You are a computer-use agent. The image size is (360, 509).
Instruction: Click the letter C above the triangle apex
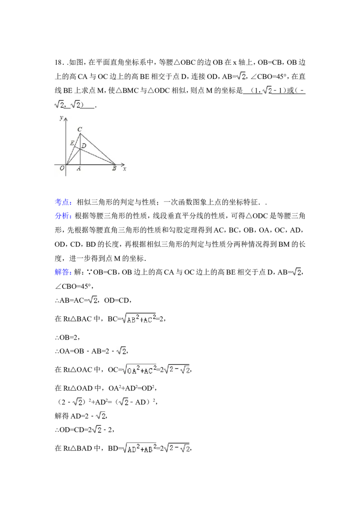[80, 129]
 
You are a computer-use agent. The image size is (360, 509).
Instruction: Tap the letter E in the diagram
[72, 143]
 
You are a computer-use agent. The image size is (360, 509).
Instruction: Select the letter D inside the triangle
[84, 146]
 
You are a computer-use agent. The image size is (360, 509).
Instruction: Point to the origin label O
[62, 169]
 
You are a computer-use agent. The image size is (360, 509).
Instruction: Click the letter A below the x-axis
[79, 169]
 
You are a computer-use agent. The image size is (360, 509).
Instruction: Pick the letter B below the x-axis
[114, 169]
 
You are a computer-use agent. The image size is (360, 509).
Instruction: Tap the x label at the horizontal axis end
[125, 169]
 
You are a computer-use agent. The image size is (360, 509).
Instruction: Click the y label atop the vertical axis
[61, 118]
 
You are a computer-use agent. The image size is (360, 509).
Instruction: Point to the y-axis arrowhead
[66, 118]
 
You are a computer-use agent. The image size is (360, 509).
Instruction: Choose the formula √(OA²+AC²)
[139, 370]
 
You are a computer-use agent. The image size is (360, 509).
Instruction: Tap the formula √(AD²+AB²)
[139, 448]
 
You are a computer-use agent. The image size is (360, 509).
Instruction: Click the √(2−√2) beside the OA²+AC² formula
[176, 370]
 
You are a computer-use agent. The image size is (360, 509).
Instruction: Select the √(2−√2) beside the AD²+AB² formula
[176, 448]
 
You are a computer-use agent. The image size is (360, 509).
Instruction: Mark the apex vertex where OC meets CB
[80, 134]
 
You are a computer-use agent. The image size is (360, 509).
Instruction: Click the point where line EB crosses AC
[80, 149]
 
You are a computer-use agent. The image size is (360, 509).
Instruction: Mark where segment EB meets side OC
[75, 147]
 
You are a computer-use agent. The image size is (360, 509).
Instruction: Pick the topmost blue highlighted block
[63, 202]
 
